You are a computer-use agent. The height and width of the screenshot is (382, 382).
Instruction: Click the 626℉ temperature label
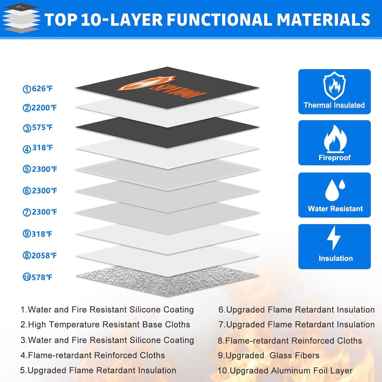42,89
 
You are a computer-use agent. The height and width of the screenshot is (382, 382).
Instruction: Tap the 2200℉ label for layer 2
44,108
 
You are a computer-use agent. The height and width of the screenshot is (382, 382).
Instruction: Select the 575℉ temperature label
42,127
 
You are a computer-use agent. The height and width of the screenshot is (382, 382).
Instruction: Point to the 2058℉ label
44,256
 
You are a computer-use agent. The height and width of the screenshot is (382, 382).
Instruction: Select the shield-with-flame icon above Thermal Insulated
334,86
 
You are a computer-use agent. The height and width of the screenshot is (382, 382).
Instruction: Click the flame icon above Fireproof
335,139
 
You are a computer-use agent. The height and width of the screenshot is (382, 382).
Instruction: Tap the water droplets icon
335,190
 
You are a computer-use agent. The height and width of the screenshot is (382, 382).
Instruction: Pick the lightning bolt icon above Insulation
334,238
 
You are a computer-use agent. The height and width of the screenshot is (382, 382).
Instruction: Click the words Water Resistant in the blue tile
335,209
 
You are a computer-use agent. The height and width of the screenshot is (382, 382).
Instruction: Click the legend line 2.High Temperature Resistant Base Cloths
105,325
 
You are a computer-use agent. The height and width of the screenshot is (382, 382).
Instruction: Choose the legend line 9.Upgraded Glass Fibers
269,356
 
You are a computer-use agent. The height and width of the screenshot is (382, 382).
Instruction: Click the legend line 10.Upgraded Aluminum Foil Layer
285,371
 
